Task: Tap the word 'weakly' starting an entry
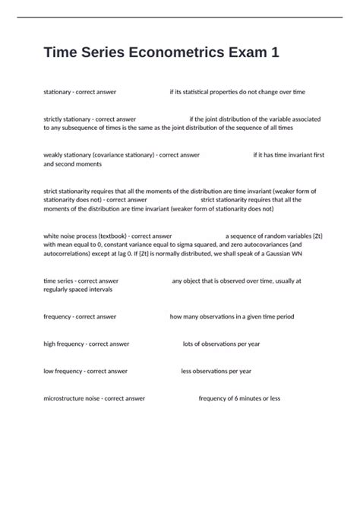[x=54, y=154]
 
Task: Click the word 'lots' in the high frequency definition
[x=189, y=344]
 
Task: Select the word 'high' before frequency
[x=50, y=344]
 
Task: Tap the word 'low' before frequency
[x=49, y=371]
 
